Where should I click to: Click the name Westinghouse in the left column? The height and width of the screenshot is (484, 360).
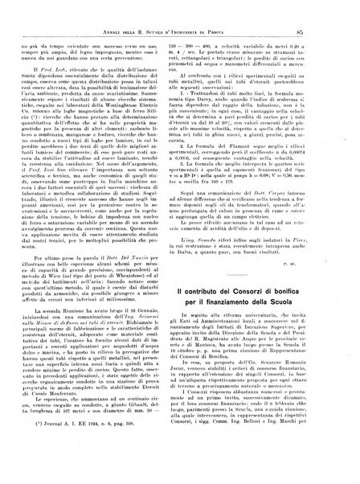pyautogui.click(x=138, y=152)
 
